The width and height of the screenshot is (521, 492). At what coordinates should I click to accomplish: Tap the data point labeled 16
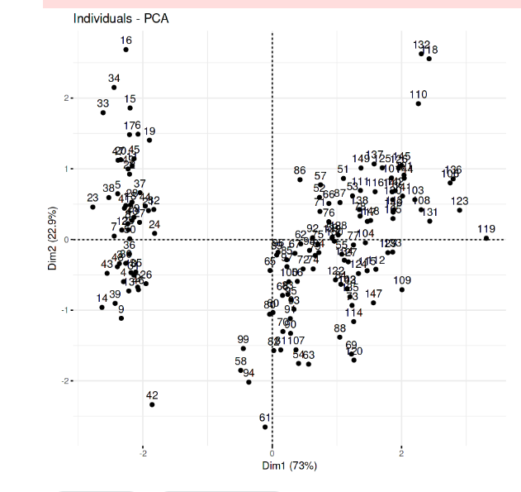tap(126, 50)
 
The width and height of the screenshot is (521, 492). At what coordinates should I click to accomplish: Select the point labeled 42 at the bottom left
tap(152, 404)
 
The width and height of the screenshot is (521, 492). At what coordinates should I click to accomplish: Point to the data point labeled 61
tap(265, 427)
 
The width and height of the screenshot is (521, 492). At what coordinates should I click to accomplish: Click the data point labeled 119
tap(486, 238)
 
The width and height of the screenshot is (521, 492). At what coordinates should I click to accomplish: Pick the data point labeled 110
tap(419, 103)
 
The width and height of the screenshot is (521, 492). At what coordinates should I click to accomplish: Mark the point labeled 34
tap(114, 88)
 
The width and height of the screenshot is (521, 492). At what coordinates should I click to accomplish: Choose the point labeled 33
tap(103, 112)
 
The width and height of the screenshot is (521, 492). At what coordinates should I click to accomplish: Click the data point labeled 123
tap(460, 210)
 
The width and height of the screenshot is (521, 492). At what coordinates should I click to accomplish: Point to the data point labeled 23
tap(92, 207)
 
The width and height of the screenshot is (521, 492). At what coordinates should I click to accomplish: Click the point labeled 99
tap(243, 349)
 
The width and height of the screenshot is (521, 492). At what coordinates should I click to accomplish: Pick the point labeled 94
tap(249, 382)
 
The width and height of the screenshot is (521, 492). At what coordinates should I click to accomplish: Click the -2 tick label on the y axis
tap(68, 380)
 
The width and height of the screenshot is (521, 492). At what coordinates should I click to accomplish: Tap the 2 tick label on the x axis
tap(402, 454)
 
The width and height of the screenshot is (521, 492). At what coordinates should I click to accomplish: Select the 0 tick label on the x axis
tap(272, 454)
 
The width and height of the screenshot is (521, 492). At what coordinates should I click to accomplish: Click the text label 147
tap(374, 294)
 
